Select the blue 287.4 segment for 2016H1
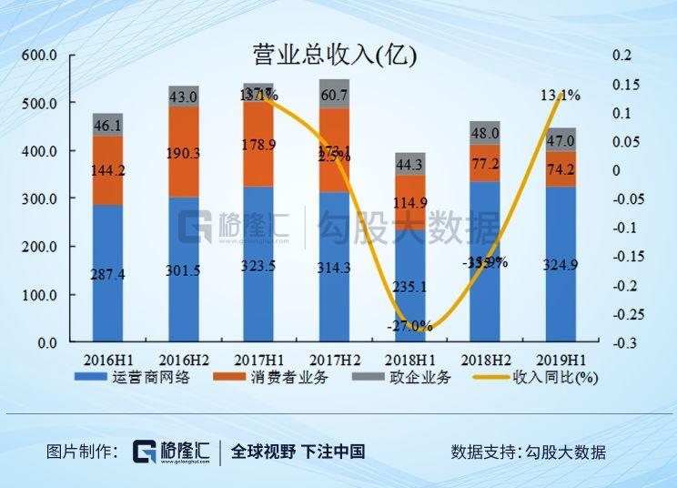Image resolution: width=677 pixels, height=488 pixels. click(x=107, y=273)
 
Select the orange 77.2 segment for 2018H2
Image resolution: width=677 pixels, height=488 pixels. click(x=485, y=163)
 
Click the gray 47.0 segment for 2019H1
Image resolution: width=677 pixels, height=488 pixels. click(x=560, y=140)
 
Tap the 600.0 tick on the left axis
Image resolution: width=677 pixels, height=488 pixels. click(x=39, y=56)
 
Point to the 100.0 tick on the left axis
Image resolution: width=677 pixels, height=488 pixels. click(x=39, y=295)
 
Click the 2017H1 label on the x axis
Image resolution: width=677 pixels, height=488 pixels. click(x=258, y=359)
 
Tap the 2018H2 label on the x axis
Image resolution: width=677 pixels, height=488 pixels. click(x=484, y=359)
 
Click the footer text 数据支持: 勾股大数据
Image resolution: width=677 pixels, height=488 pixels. click(x=528, y=452)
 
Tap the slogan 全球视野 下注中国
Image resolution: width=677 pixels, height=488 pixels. click(x=298, y=452)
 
